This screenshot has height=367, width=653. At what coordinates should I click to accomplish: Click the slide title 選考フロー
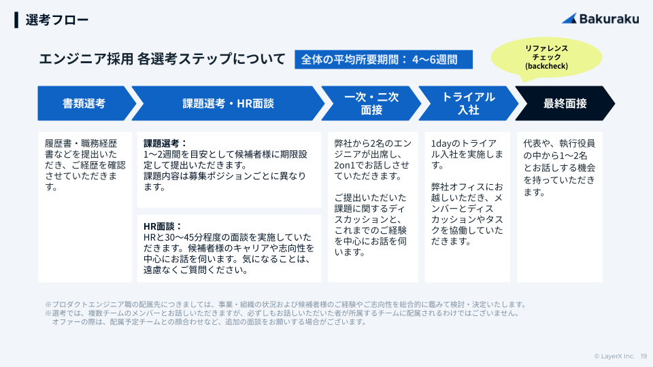pyautogui.click(x=57, y=20)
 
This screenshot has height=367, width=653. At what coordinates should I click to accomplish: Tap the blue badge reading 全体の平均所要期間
pyautogui.click(x=384, y=59)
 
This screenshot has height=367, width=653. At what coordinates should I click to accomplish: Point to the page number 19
pyautogui.click(x=643, y=355)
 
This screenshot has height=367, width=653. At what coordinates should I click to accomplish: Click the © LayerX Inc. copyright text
pyautogui.click(x=614, y=355)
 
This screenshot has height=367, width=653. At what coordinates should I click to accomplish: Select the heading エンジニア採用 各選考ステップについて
pyautogui.click(x=162, y=59)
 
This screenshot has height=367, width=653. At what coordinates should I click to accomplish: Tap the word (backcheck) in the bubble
pyautogui.click(x=546, y=67)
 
